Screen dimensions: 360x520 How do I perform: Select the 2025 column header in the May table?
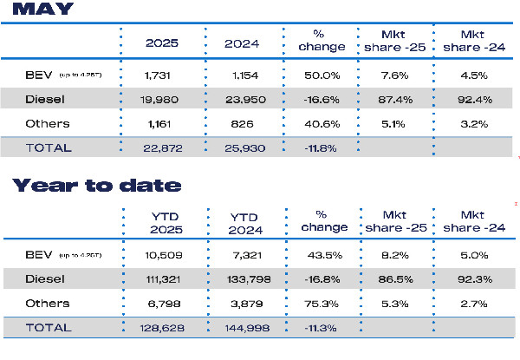(x=164, y=41)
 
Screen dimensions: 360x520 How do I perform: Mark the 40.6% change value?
(x=322, y=123)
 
